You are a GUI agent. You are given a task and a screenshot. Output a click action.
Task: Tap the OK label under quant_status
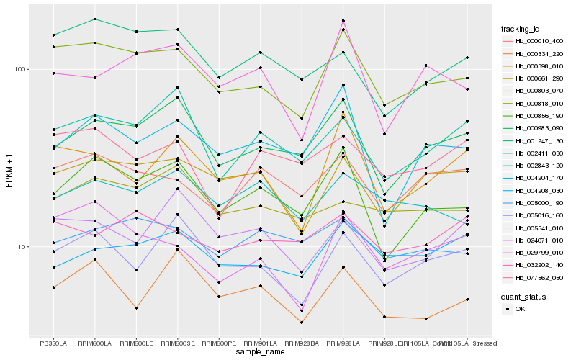[x=521, y=309]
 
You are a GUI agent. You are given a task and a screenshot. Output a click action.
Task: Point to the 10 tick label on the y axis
[x=21, y=247]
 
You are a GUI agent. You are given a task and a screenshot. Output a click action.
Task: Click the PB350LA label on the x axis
[x=53, y=343]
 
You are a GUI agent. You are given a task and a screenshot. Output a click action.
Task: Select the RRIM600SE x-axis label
[x=177, y=343]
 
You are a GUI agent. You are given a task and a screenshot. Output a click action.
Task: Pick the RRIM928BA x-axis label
[x=302, y=343]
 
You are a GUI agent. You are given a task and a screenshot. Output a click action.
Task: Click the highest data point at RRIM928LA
[x=343, y=21]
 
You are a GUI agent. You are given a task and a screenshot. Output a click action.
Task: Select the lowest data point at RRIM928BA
[x=302, y=323]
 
